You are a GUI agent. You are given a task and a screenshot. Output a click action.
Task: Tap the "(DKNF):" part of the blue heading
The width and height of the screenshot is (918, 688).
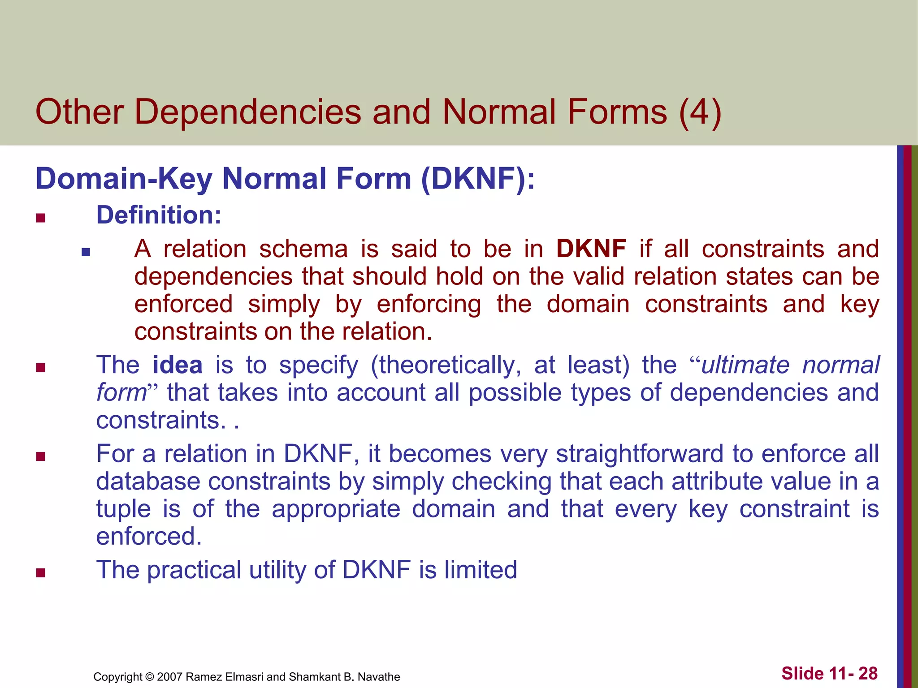click(x=478, y=179)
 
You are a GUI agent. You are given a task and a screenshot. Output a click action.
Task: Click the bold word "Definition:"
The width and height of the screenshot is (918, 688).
click(x=159, y=215)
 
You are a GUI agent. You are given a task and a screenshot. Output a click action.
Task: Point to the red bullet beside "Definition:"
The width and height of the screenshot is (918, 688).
click(x=41, y=218)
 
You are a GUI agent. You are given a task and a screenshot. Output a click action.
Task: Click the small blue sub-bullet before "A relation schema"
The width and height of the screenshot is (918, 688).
click(x=86, y=252)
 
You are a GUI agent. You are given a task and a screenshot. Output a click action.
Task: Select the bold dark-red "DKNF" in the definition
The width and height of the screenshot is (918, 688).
click(x=591, y=249)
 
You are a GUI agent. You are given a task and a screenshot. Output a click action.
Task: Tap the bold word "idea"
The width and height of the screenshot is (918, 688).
click(x=178, y=365)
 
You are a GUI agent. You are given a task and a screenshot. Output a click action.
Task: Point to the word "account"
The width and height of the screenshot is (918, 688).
click(x=381, y=393)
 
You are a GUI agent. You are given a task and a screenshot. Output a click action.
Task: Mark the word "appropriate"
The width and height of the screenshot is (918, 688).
click(x=336, y=509)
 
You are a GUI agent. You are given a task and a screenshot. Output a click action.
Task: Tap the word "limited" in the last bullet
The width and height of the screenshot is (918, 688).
click(x=481, y=570)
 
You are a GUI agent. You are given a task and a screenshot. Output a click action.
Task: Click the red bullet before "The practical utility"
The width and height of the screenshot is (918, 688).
click(x=41, y=573)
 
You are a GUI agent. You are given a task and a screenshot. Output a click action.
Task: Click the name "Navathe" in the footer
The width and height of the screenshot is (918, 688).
click(x=379, y=677)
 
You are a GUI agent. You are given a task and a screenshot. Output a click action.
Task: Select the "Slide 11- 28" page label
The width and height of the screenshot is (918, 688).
click(x=829, y=673)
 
